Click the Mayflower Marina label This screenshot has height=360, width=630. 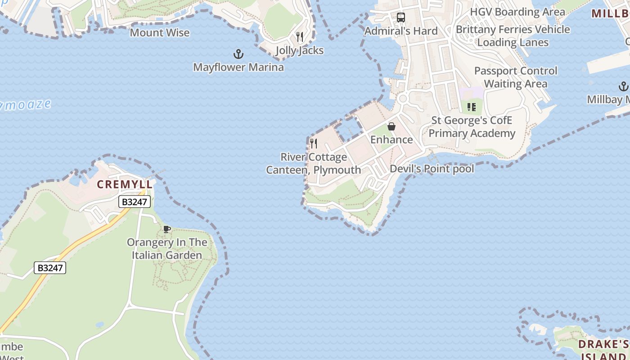point(238,67)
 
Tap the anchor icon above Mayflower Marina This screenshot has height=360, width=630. point(238,54)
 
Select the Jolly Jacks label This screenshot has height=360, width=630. point(300,50)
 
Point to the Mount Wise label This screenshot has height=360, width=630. point(160,33)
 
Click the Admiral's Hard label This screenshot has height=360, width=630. point(401,31)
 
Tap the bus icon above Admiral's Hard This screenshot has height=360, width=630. point(401,18)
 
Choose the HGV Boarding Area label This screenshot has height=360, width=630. point(517,12)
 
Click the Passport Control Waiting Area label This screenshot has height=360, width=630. point(516,77)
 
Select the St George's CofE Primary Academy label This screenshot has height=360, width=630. point(472,127)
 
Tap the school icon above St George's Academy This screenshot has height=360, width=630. point(472,107)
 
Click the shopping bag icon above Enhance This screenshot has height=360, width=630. point(391,126)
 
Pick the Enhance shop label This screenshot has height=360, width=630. point(391,139)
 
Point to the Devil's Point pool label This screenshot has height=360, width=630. point(432,169)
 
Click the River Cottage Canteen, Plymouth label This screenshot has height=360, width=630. point(314,163)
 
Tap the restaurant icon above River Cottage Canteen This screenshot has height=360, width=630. point(314,144)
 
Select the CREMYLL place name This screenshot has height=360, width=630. point(125,184)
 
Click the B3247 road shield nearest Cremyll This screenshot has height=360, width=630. point(135,202)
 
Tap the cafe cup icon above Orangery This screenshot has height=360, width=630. point(167,229)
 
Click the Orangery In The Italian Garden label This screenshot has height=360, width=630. point(167,249)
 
